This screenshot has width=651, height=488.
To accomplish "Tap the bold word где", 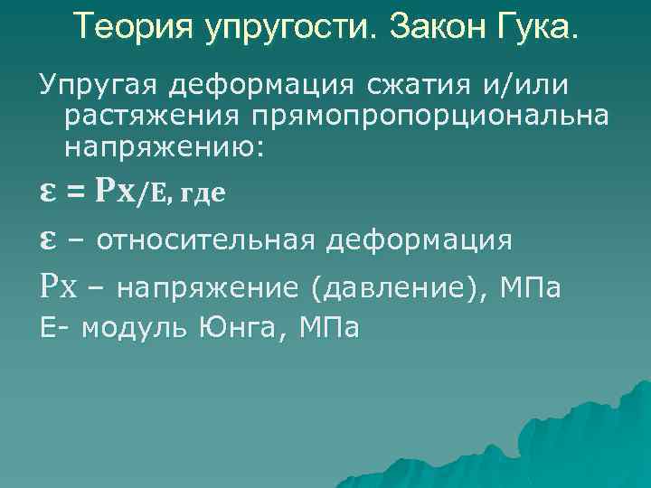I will coord(204,192).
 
